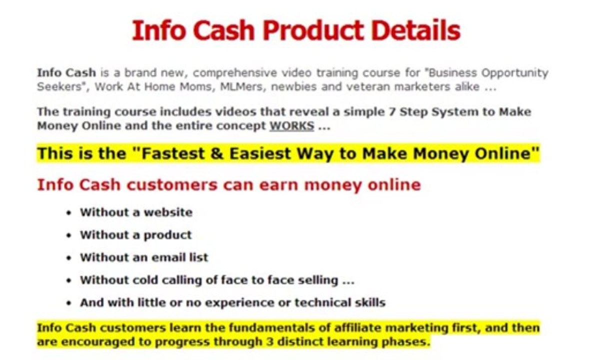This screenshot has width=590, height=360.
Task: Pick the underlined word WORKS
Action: click(x=292, y=126)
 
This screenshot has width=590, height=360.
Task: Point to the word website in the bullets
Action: click(x=167, y=212)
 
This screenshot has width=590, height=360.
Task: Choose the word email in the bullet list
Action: click(x=167, y=257)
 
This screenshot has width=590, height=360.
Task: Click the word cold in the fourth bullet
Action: click(x=145, y=280)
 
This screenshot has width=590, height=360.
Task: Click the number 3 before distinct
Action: click(x=258, y=342)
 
